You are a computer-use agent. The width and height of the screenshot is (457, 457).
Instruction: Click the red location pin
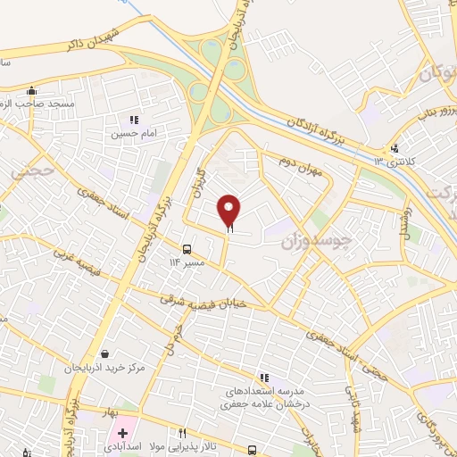coord(229,211)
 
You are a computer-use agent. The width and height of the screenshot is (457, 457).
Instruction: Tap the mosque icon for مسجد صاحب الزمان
coord(32,89)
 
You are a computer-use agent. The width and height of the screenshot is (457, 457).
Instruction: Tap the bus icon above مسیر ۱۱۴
coord(187,249)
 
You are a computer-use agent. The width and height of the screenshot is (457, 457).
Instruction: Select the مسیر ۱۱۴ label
coord(187,262)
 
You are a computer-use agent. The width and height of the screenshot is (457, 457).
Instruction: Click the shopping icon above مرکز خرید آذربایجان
coord(105,354)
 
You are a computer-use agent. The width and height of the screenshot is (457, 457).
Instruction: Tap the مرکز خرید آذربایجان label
coord(105,368)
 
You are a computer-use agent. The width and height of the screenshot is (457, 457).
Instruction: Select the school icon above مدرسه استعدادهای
coord(263,378)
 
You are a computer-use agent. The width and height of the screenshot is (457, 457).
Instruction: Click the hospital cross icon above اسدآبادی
coord(122,433)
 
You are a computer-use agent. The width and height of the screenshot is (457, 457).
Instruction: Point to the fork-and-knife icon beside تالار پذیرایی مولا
coord(184,433)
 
